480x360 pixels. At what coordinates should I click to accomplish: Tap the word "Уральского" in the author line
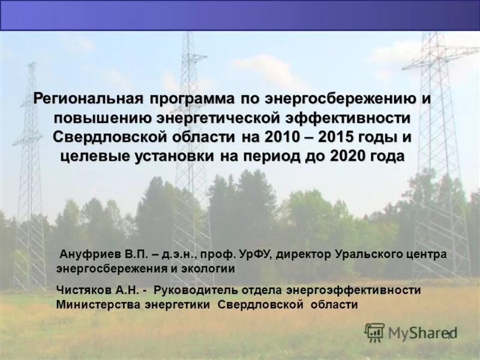click(367, 254)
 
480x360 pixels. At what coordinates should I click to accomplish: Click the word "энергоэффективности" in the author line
click(353, 290)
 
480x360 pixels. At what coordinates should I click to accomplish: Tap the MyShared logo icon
click(374, 332)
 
